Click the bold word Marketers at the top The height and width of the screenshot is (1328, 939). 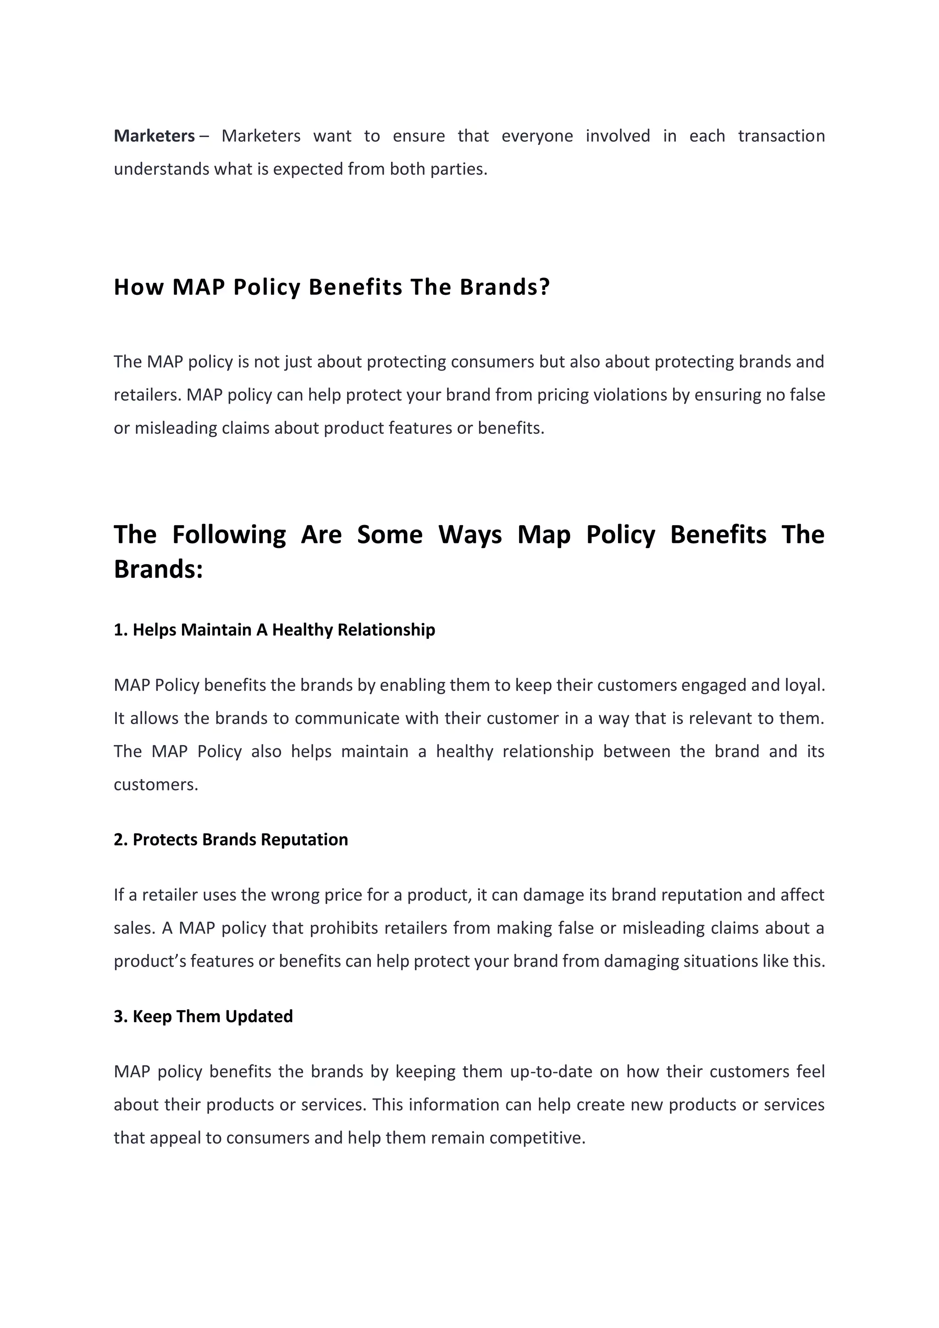[x=154, y=136]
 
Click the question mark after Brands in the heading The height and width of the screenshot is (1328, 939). [x=543, y=287]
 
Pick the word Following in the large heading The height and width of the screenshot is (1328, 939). [x=229, y=534]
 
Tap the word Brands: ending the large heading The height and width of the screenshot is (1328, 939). [x=159, y=569]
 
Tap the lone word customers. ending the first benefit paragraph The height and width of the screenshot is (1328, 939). [x=155, y=785]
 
